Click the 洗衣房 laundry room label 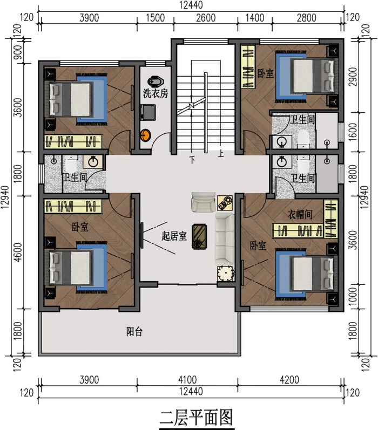click(x=156, y=93)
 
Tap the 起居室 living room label click(x=174, y=236)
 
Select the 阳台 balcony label click(x=134, y=332)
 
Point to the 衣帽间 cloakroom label click(x=300, y=214)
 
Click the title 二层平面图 click(x=197, y=418)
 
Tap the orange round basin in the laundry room click(x=146, y=135)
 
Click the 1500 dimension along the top click(x=155, y=18)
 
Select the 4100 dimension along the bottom click(x=187, y=380)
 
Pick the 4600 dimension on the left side click(x=18, y=252)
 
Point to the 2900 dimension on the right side click(x=354, y=77)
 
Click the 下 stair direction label click(x=193, y=160)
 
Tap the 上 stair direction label click(x=221, y=153)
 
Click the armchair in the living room click(x=203, y=202)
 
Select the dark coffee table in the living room click(x=200, y=237)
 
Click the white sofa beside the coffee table click(x=225, y=239)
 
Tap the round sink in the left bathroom click(x=93, y=161)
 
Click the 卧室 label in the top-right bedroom click(x=266, y=73)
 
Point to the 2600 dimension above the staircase click(x=206, y=18)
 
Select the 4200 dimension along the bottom click(x=289, y=380)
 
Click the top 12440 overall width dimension click(x=191, y=5)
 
